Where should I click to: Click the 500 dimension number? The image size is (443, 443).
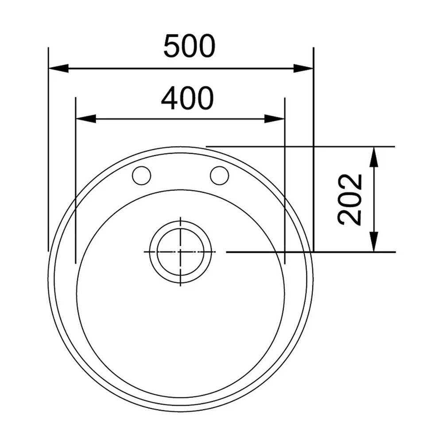pos(189,46)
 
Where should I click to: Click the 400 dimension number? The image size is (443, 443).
pos(187,98)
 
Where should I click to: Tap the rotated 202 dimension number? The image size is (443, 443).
pos(350,199)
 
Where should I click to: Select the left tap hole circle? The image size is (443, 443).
pos(142,175)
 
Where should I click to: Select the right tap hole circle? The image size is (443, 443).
pos(220,175)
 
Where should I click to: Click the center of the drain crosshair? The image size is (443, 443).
pos(180,252)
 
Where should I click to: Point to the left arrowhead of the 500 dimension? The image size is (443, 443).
pos(58,68)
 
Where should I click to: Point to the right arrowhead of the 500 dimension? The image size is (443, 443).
pos(303,68)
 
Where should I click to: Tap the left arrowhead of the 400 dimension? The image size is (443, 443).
pos(86,119)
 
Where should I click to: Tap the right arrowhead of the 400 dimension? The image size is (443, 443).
pos(274,119)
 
